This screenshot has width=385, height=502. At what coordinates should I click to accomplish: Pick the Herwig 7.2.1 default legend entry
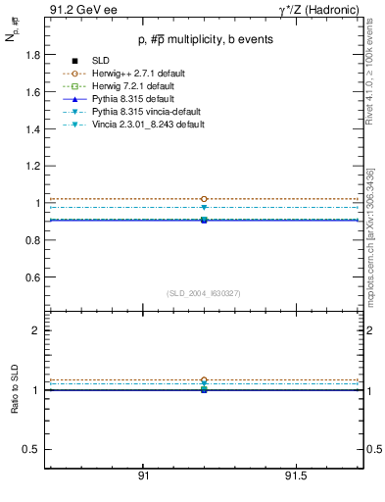pyautogui.click(x=137, y=86)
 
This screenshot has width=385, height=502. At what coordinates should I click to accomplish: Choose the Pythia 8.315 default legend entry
pyautogui.click(x=134, y=99)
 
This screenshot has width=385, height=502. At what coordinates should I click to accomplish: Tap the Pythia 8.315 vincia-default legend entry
pyautogui.click(x=147, y=112)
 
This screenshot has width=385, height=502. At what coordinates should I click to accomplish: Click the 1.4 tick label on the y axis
pyautogui.click(x=33, y=129)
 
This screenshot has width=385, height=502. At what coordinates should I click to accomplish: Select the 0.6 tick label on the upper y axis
pyautogui.click(x=33, y=277)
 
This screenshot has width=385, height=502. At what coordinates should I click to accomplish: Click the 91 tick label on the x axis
pyautogui.click(x=143, y=477)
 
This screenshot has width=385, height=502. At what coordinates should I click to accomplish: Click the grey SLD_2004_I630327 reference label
pyautogui.click(x=203, y=293)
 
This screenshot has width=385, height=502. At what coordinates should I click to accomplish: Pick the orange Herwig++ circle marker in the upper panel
pyautogui.click(x=204, y=199)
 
